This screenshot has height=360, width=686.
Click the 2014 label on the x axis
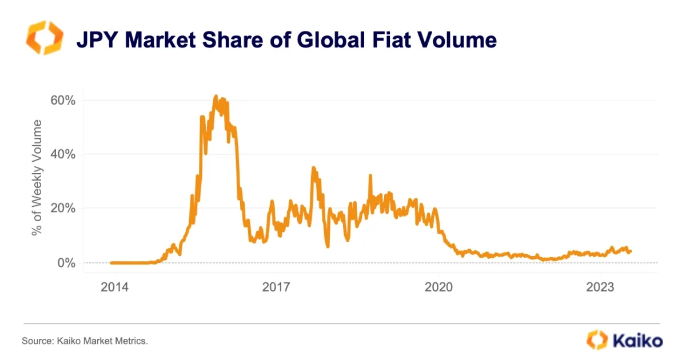[114, 287]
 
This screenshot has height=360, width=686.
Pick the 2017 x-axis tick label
[277, 287]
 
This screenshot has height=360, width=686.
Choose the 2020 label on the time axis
[440, 287]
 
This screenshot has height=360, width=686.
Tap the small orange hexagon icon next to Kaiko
[597, 340]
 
